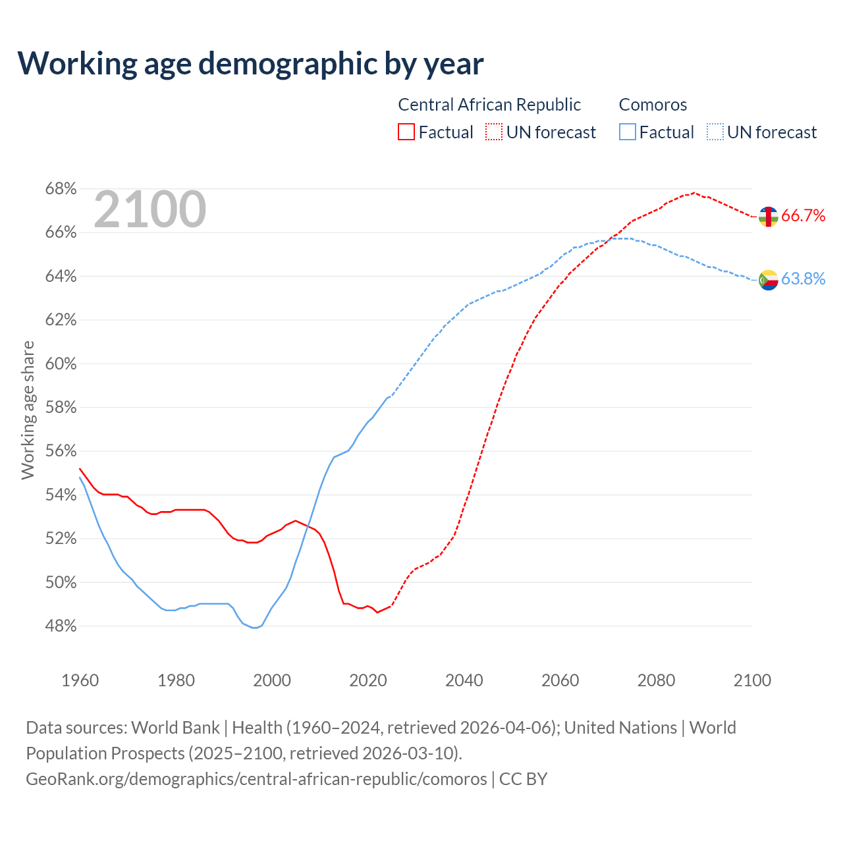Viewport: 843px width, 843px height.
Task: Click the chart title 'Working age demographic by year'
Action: click(x=250, y=63)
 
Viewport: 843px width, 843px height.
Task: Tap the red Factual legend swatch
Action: click(x=406, y=132)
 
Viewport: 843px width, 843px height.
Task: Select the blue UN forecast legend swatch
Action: click(x=715, y=132)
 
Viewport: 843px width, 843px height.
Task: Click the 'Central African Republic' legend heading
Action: click(x=489, y=105)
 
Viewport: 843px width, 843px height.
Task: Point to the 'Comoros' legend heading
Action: click(x=653, y=105)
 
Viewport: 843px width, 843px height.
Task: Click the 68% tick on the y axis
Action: click(x=61, y=189)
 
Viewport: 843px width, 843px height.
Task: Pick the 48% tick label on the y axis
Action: click(x=61, y=626)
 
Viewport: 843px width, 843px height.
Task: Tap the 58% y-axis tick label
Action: click(x=61, y=408)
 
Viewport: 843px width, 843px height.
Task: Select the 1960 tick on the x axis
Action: click(x=80, y=680)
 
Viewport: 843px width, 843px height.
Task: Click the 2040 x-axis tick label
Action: click(x=464, y=680)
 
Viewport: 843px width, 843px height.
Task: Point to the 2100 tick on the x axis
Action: click(x=752, y=680)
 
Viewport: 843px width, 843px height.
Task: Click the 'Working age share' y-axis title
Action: click(x=28, y=410)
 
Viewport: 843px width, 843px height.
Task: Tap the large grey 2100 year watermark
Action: click(x=150, y=209)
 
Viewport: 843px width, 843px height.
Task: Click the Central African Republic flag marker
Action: click(x=768, y=217)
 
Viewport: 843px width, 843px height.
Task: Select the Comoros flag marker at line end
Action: click(x=768, y=280)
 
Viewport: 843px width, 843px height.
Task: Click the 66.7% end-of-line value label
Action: click(x=803, y=216)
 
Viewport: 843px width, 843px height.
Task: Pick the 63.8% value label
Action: click(x=803, y=279)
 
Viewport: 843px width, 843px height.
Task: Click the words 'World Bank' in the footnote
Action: click(x=175, y=728)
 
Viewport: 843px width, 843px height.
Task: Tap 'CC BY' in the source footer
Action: click(x=523, y=779)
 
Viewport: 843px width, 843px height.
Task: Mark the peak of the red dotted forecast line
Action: click(x=694, y=192)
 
